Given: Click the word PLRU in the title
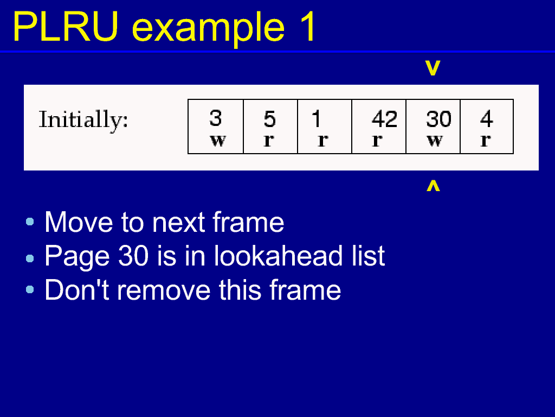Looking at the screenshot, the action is pos(66,27).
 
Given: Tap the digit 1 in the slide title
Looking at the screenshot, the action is pos(307,27).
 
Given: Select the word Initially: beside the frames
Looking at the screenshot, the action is pos(83,119).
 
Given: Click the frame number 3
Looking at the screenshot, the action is pos(216,118).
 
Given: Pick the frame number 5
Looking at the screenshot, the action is pos(270,119).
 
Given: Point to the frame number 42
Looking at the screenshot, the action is pos(384,119).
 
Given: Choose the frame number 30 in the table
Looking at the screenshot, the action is pos(438,119).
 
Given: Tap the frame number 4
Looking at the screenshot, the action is pos(487,119).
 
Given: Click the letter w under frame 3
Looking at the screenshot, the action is pos(218,141).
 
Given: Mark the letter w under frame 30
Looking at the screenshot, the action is pos(435,141).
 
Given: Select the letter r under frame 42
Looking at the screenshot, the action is pos(377,141).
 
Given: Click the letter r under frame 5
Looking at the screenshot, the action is pos(269,141).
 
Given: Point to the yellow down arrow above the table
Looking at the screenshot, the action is pos(433,68).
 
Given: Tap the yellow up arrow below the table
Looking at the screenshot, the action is pos(433,186).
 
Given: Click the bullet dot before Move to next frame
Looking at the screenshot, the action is pos(30,222).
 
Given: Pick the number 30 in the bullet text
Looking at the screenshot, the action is pos(133,256).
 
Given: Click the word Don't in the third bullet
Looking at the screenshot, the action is pos(76,290).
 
